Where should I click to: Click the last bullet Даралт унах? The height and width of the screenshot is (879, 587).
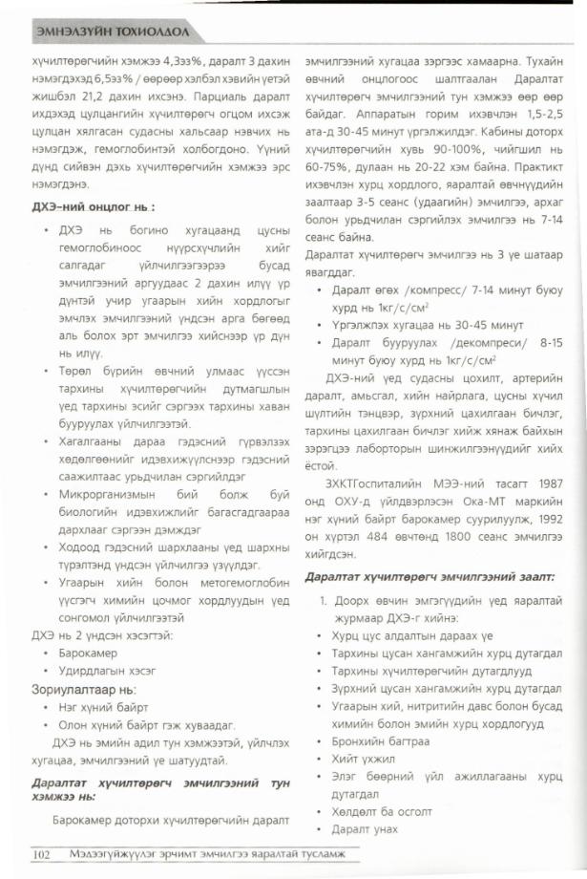click(365, 828)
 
